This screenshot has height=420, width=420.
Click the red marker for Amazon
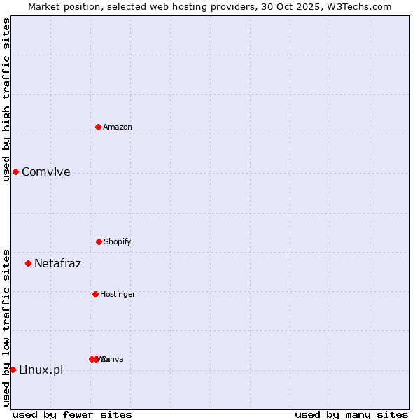[99, 127]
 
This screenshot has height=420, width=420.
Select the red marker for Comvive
[15, 171]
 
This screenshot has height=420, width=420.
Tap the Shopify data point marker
[99, 241]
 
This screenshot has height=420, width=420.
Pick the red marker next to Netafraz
[29, 263]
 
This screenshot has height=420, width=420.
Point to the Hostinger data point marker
[95, 294]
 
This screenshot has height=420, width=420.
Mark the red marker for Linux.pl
[13, 370]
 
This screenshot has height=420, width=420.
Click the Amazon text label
[118, 127]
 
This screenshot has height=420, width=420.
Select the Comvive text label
[46, 172]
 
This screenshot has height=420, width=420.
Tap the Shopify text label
[118, 241]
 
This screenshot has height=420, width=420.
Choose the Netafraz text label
[58, 264]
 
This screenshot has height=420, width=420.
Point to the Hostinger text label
[118, 294]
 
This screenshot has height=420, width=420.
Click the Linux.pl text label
[41, 370]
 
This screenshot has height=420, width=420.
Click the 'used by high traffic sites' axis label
[6, 99]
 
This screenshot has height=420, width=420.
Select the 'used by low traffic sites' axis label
[6, 327]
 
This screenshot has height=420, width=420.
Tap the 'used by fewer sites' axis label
[72, 414]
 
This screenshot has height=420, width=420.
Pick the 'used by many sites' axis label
[351, 414]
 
